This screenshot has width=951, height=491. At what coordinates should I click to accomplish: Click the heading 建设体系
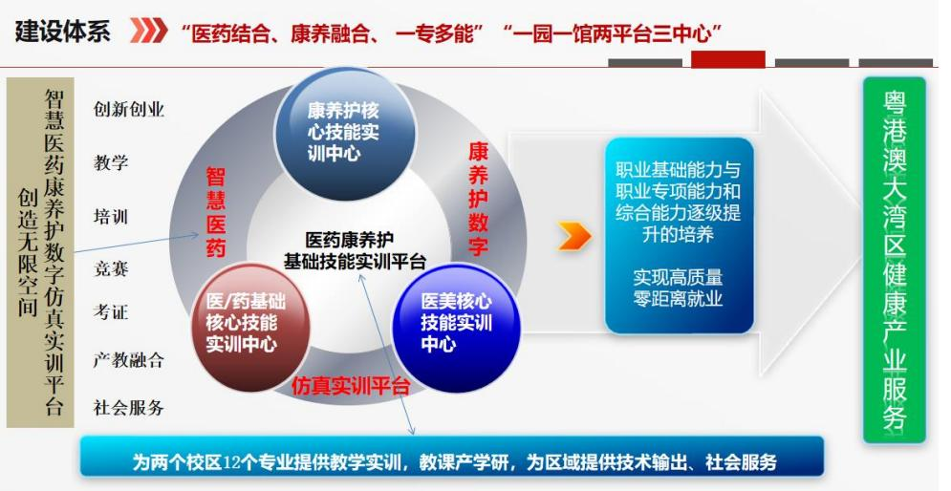click(x=62, y=32)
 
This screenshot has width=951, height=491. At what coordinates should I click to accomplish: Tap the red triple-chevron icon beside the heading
click(x=148, y=31)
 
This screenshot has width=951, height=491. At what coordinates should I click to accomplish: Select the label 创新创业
click(x=129, y=110)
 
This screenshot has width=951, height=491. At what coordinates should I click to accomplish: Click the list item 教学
click(x=111, y=162)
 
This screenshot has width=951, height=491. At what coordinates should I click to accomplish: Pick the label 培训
click(x=111, y=217)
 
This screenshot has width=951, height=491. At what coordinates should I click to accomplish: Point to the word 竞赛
click(x=111, y=267)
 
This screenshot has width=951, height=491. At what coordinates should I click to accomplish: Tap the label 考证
click(x=111, y=311)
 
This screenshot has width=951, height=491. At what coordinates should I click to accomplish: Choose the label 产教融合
click(x=129, y=360)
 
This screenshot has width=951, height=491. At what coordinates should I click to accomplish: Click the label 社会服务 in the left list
click(x=129, y=407)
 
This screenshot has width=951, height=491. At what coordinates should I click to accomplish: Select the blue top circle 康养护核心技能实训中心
click(x=344, y=133)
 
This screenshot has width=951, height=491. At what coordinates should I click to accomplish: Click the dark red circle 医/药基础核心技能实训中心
click(x=249, y=325)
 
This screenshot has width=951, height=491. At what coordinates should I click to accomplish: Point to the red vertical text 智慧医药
click(x=216, y=213)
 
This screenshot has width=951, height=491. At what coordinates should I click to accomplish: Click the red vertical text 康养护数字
click(x=478, y=199)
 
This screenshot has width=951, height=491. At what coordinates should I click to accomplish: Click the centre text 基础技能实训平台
click(x=355, y=261)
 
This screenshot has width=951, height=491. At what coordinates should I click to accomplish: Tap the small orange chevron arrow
click(x=573, y=236)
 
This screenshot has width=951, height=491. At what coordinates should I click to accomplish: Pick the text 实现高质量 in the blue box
click(x=678, y=278)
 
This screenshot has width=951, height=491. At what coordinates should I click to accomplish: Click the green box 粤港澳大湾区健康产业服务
click(x=895, y=261)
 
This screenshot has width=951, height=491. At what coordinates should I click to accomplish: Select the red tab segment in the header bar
click(x=727, y=59)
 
